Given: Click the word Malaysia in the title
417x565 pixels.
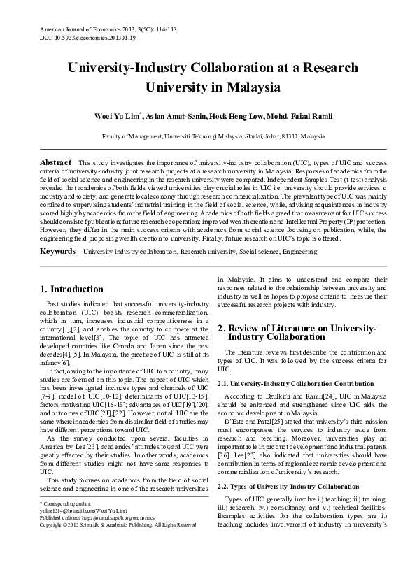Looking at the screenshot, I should pos(250,89).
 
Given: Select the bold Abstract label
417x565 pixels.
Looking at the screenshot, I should pos(57,162).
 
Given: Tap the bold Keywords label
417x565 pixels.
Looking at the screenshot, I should pos(57,250).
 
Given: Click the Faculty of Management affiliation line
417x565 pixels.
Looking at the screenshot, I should pos(208,137).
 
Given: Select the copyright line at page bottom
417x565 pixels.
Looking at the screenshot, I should pos(117,543).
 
